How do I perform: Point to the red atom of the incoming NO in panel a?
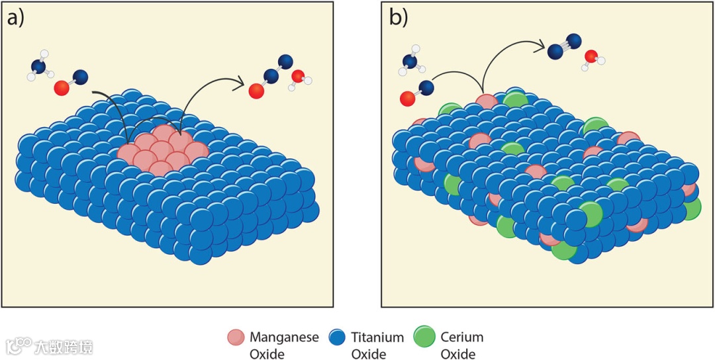click(62, 87)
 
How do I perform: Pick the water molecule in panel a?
click(299, 79)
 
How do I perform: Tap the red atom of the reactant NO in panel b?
click(408, 99)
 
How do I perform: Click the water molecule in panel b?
click(592, 58)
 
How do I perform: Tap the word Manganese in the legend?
click(284, 337)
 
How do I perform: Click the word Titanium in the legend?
click(377, 337)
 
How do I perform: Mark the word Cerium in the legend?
click(462, 337)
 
